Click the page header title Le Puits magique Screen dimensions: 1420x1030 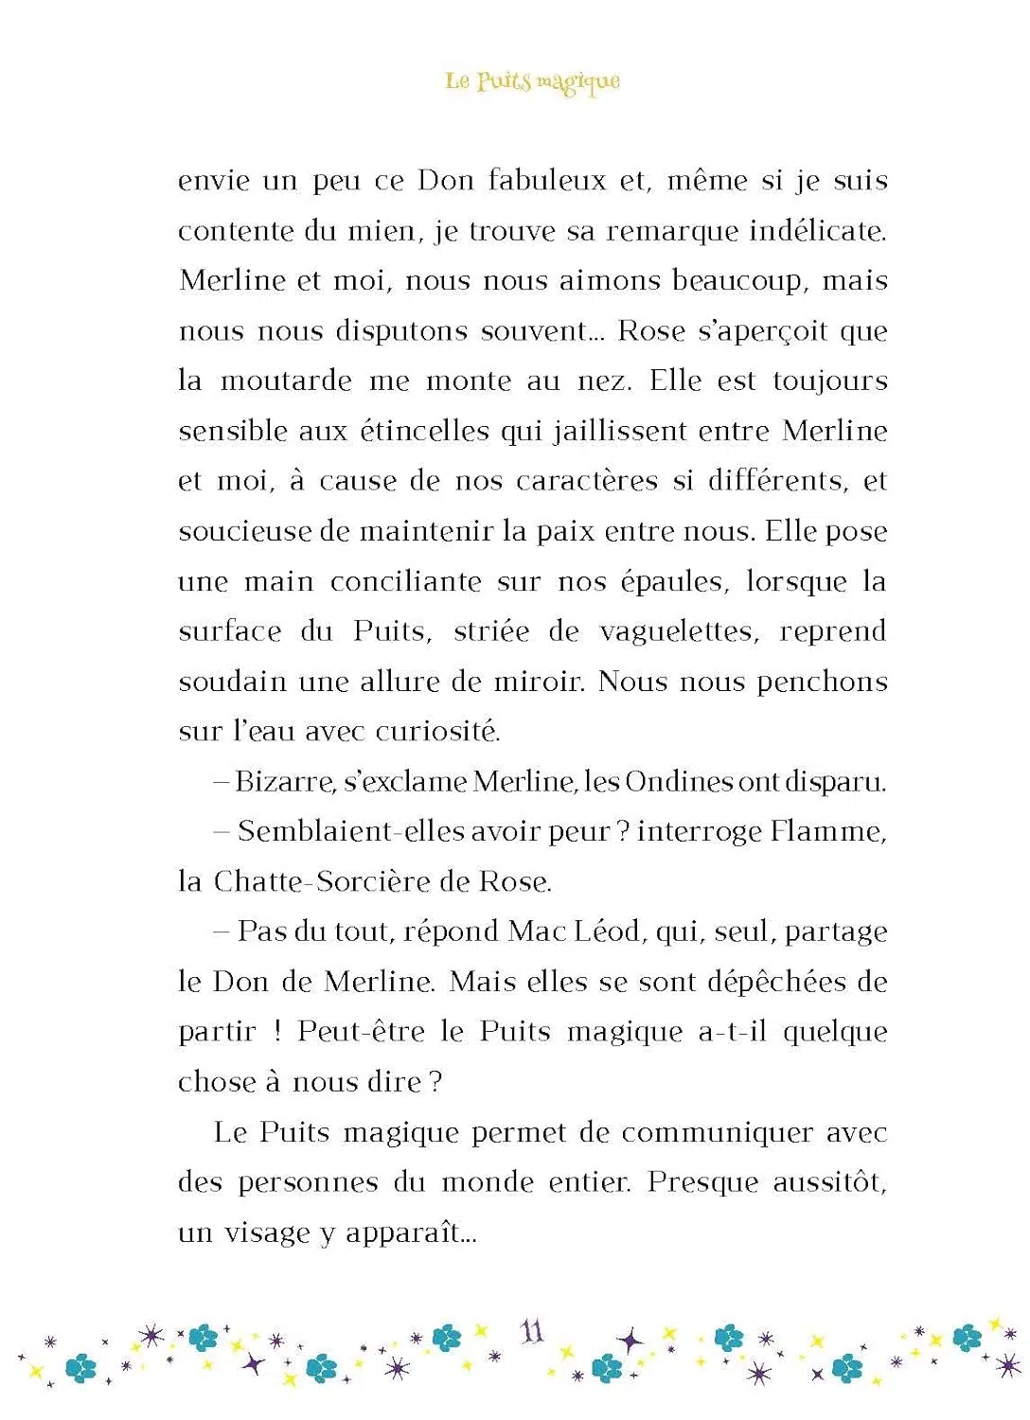533,81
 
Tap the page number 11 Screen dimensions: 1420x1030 532,1332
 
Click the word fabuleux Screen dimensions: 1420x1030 546,180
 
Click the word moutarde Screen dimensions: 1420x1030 285,381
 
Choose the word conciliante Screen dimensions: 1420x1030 405,581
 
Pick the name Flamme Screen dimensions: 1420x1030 827,831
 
